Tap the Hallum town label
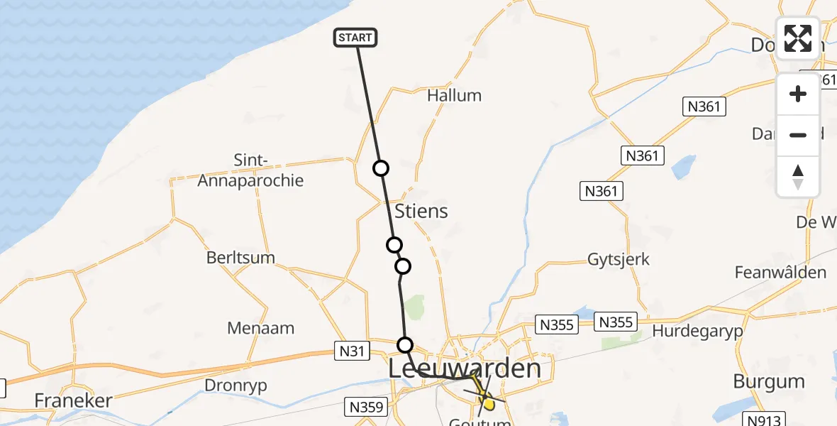click(x=454, y=95)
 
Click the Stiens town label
click(x=421, y=211)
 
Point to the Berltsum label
click(x=240, y=258)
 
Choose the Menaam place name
click(x=260, y=328)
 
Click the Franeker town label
click(x=74, y=400)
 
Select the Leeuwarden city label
click(x=465, y=368)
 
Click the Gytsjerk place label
click(x=618, y=259)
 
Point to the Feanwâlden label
click(x=780, y=273)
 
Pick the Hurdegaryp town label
click(x=697, y=332)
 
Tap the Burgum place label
click(x=769, y=381)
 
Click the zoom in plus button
click(x=798, y=94)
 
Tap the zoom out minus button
click(x=798, y=135)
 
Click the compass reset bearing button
click(x=798, y=177)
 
